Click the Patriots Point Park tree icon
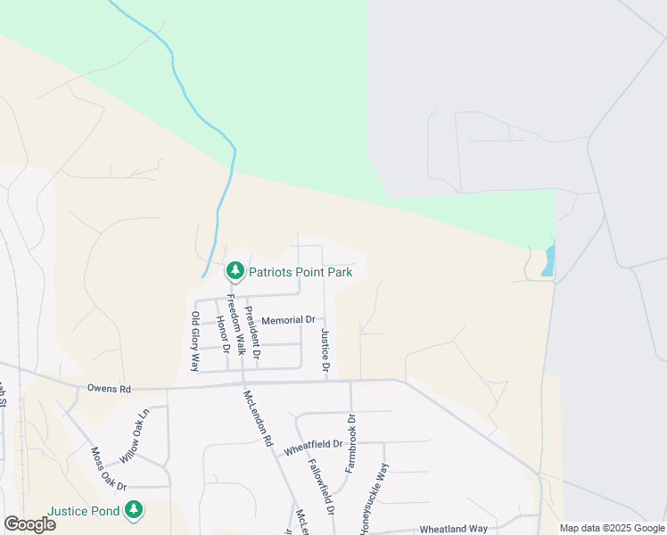tap(235, 269)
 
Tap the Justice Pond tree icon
tap(134, 510)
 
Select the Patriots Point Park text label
tap(301, 271)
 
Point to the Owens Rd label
tap(109, 389)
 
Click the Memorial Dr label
tap(288, 319)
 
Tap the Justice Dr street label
tap(325, 350)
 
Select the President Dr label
tap(252, 333)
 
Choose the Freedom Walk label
tap(235, 325)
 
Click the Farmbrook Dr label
tap(351, 443)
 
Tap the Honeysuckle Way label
tap(375, 499)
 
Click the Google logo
tap(29, 523)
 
